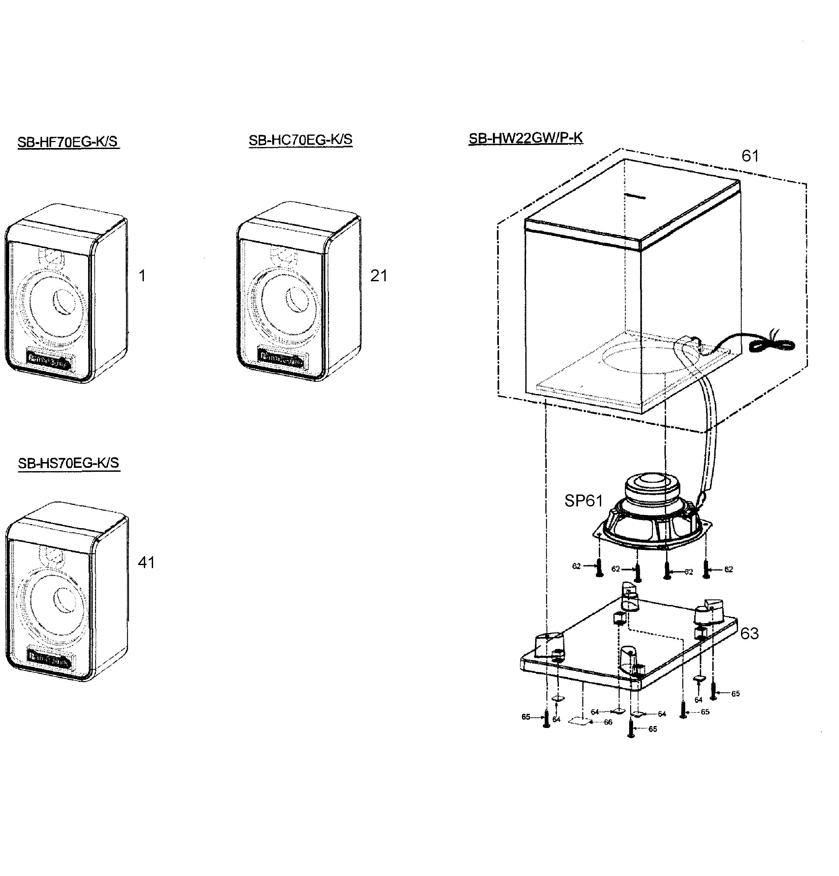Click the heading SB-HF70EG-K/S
click(68, 142)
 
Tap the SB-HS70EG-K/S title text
click(68, 463)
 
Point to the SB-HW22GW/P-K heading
click(526, 138)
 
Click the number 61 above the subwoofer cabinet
click(750, 156)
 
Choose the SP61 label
click(583, 501)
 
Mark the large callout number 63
click(750, 634)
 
